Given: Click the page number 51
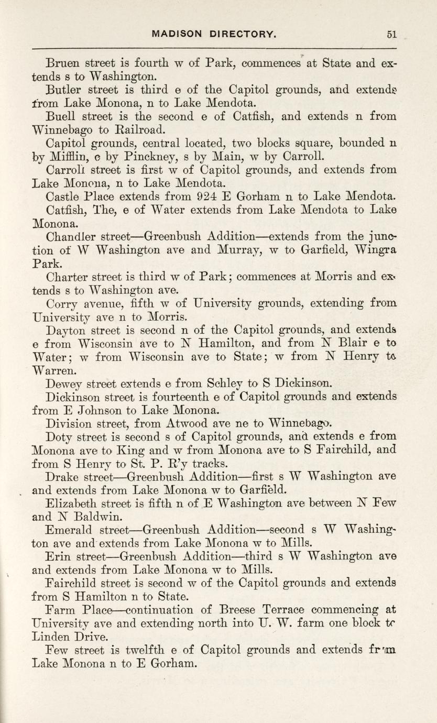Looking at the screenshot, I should click(x=391, y=35).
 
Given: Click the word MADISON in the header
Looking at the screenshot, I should click(x=177, y=35).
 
